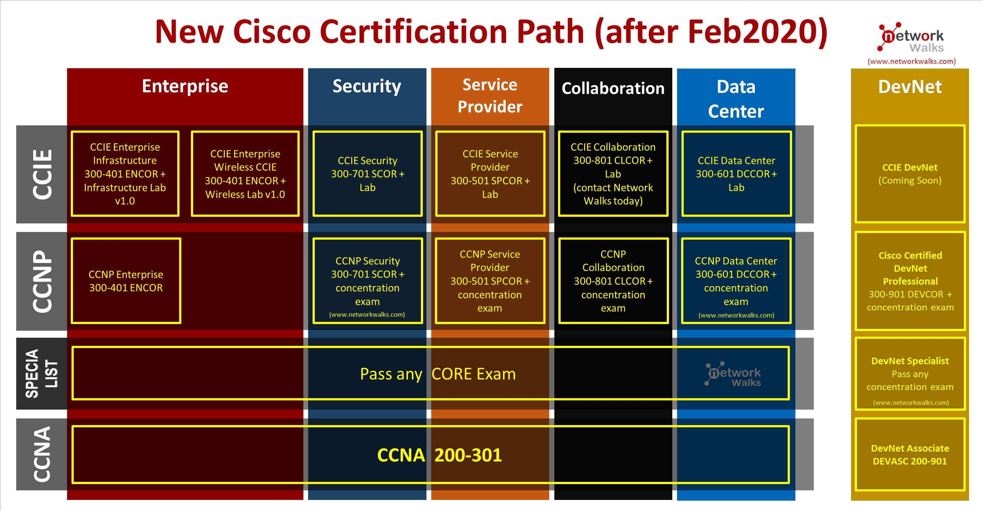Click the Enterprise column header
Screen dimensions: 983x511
click(x=185, y=86)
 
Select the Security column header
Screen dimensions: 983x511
click(x=367, y=87)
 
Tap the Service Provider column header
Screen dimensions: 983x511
click(x=490, y=96)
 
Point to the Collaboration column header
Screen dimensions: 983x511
click(x=613, y=88)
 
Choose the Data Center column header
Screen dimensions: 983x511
click(x=736, y=99)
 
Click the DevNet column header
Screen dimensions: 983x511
click(x=910, y=87)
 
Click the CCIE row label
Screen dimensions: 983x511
click(x=42, y=174)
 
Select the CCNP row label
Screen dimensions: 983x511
click(x=42, y=281)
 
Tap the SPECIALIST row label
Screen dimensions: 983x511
click(x=42, y=373)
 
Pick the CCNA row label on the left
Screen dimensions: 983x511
click(x=42, y=454)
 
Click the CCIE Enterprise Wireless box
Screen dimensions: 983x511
click(x=245, y=174)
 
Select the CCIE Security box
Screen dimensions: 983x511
click(x=367, y=174)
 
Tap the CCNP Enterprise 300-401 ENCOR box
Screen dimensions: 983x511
click(x=126, y=281)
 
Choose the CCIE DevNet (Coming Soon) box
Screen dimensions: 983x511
click(x=910, y=174)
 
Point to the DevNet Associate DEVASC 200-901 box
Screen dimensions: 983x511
click(x=910, y=455)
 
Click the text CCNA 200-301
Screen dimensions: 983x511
click(x=439, y=455)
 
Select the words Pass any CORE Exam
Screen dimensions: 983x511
click(x=438, y=374)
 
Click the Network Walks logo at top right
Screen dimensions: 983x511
click(x=911, y=37)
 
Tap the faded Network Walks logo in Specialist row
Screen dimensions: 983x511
click(x=733, y=373)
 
